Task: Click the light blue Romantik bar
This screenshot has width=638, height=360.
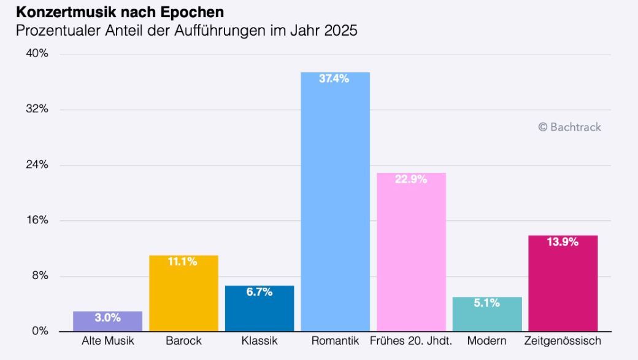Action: [x=336, y=202]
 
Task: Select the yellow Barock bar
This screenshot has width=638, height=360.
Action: [x=183, y=293]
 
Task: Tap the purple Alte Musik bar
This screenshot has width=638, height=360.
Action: [x=108, y=321]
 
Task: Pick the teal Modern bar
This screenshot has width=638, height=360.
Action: [x=487, y=314]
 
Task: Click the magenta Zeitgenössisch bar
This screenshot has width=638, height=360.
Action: [x=563, y=283]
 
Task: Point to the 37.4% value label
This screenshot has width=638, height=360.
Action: [x=334, y=79]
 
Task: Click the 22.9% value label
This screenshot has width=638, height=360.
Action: [x=411, y=179]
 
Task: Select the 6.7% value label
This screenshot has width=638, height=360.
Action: [x=259, y=292]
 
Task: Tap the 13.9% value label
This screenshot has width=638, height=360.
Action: [x=563, y=242]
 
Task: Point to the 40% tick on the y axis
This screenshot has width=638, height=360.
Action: [x=37, y=53]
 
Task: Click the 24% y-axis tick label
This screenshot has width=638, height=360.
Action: [x=37, y=164]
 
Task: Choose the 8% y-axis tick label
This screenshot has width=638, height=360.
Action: [x=40, y=275]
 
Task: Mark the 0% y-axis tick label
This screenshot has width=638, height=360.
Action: [x=40, y=331]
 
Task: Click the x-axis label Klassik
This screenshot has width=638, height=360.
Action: [x=259, y=340]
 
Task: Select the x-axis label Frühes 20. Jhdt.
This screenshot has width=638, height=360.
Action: [x=411, y=340]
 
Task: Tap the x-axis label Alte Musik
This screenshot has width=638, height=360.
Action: [x=108, y=340]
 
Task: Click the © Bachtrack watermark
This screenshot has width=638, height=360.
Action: [x=570, y=127]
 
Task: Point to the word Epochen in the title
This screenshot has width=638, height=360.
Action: [x=192, y=12]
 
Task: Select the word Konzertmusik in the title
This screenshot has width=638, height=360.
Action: [x=66, y=12]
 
